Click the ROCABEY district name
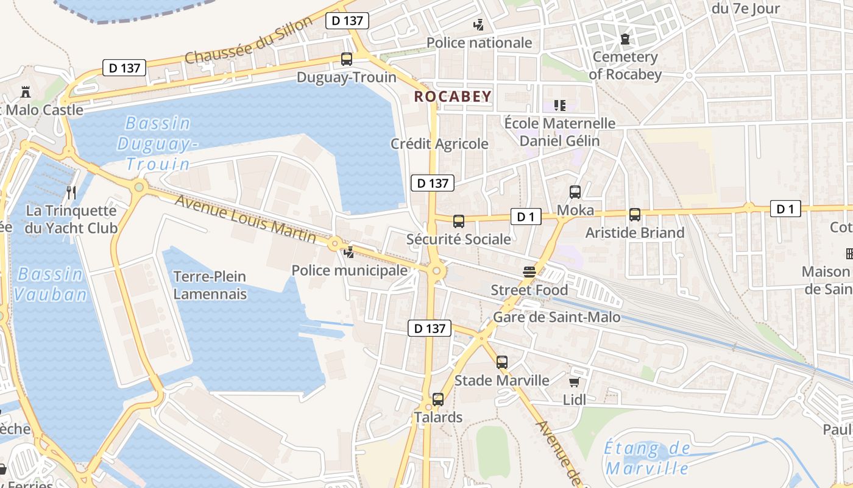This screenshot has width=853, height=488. tap(453, 96)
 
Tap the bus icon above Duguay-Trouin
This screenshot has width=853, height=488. tap(347, 59)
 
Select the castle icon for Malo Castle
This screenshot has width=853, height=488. tap(26, 92)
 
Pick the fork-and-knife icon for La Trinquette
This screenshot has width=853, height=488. tap(71, 193)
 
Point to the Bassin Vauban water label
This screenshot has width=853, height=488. tap(51, 284)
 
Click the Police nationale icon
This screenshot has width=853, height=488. tap(479, 25)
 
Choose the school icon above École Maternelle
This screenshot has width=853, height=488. tap(560, 106)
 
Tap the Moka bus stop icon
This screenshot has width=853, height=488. tap(575, 192)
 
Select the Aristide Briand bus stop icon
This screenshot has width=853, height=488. tap(635, 215)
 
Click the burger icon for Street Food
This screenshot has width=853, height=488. tap(529, 272)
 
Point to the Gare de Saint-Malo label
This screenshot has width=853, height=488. tap(556, 317)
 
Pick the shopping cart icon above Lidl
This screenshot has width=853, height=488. tap(574, 382)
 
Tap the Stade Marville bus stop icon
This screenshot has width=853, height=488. tap(502, 362)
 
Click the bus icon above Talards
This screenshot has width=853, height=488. tap(438, 400)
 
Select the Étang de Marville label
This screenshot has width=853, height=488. tap(647, 459)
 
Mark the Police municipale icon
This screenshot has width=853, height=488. tap(349, 252)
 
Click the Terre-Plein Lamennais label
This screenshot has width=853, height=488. tap(210, 285)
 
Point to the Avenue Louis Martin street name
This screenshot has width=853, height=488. tap(246, 218)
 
